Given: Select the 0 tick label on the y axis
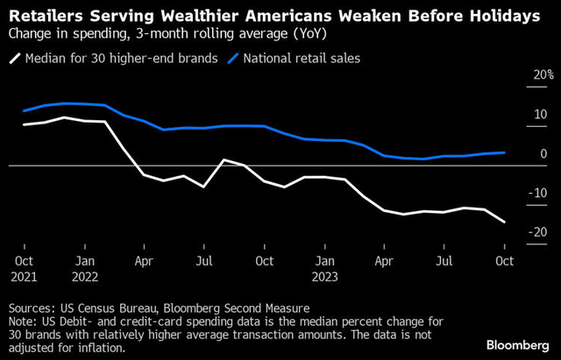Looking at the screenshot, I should pos(544,154).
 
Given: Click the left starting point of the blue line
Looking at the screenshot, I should pos(24,111).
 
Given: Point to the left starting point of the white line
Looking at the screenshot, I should pos(24,124).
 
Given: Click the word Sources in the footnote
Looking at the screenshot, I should pos(31,308).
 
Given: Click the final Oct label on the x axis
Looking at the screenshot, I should pos(505,260).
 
